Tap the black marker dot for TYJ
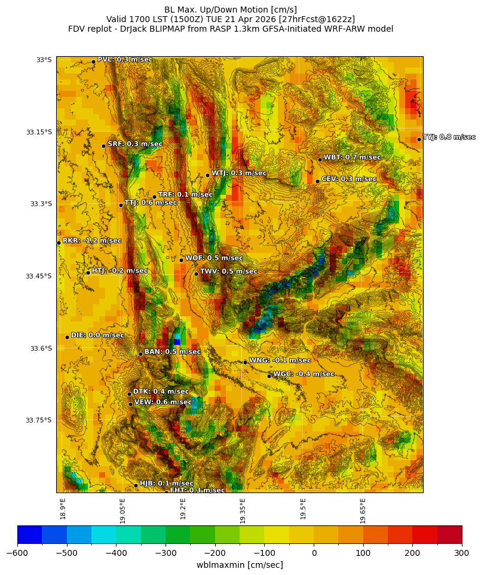(x=419, y=140)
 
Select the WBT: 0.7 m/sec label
(x=352, y=157)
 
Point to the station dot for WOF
(x=181, y=260)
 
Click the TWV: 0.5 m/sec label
(x=228, y=271)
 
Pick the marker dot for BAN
(x=140, y=354)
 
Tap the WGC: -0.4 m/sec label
(x=304, y=374)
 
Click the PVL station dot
(x=93, y=62)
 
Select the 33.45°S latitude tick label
(x=39, y=276)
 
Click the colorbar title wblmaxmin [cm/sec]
(x=240, y=565)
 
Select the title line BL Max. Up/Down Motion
(x=231, y=10)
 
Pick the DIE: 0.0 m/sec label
(x=97, y=335)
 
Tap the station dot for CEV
(x=317, y=181)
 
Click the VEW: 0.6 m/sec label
(x=163, y=402)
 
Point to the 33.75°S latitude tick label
(x=39, y=420)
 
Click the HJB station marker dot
(x=136, y=485)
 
